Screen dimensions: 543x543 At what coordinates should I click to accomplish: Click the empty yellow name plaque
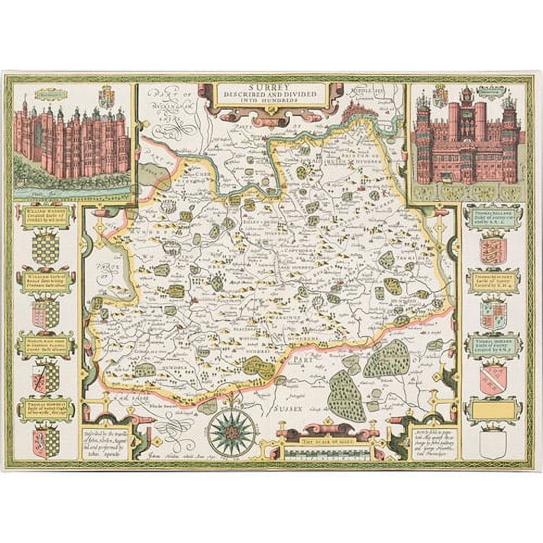coord(493,410)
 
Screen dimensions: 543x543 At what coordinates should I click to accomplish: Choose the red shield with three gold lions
coord(493,251)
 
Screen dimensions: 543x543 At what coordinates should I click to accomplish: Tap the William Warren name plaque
coord(46,217)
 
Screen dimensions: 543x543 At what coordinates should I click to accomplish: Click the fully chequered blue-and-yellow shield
coord(46,248)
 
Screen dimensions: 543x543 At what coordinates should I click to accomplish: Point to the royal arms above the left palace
coord(107,97)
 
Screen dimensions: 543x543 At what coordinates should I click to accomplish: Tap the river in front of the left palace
coord(71,192)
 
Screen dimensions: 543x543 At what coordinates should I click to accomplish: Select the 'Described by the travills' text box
coord(104,442)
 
